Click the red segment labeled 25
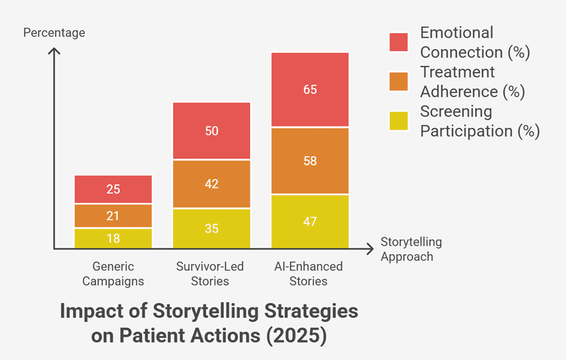[113, 189]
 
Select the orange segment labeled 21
[113, 216]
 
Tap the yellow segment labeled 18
[113, 238]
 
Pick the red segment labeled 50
[211, 130]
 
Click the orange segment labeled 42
[211, 184]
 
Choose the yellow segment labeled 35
[211, 228]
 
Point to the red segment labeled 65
[310, 90]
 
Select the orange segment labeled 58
[310, 161]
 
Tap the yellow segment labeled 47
[310, 221]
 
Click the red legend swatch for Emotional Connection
[399, 42]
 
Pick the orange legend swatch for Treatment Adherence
[399, 82]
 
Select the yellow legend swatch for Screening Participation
[399, 120]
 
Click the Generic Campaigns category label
[113, 273]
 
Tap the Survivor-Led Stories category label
[210, 273]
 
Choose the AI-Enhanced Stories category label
[308, 273]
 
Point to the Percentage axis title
[54, 33]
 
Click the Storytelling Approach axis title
[411, 249]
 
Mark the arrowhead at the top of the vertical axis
[54, 49]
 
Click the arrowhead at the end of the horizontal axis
[372, 249]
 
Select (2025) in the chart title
[296, 336]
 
